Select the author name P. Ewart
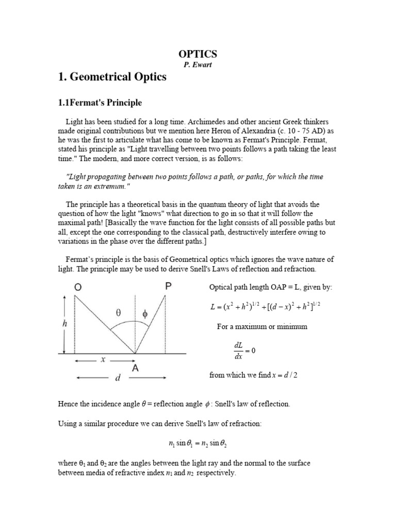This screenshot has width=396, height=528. click(198, 65)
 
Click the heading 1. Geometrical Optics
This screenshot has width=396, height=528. click(113, 77)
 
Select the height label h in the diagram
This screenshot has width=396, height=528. click(64, 324)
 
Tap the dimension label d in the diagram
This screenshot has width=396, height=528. click(118, 378)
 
